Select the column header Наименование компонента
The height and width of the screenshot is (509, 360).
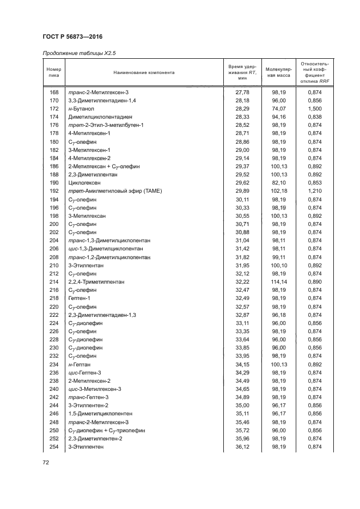144,72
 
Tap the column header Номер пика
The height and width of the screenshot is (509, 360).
54,72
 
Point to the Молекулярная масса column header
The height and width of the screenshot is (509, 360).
278,72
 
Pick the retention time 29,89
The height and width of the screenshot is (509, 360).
242,191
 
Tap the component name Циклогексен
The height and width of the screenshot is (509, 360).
83,183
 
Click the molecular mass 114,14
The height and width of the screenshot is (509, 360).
278,282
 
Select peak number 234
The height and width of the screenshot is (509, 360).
54,364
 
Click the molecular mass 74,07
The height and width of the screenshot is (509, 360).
278,109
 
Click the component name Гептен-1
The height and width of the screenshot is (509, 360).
80,298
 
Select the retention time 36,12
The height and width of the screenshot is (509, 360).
242,446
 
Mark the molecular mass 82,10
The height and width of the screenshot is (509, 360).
278,183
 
